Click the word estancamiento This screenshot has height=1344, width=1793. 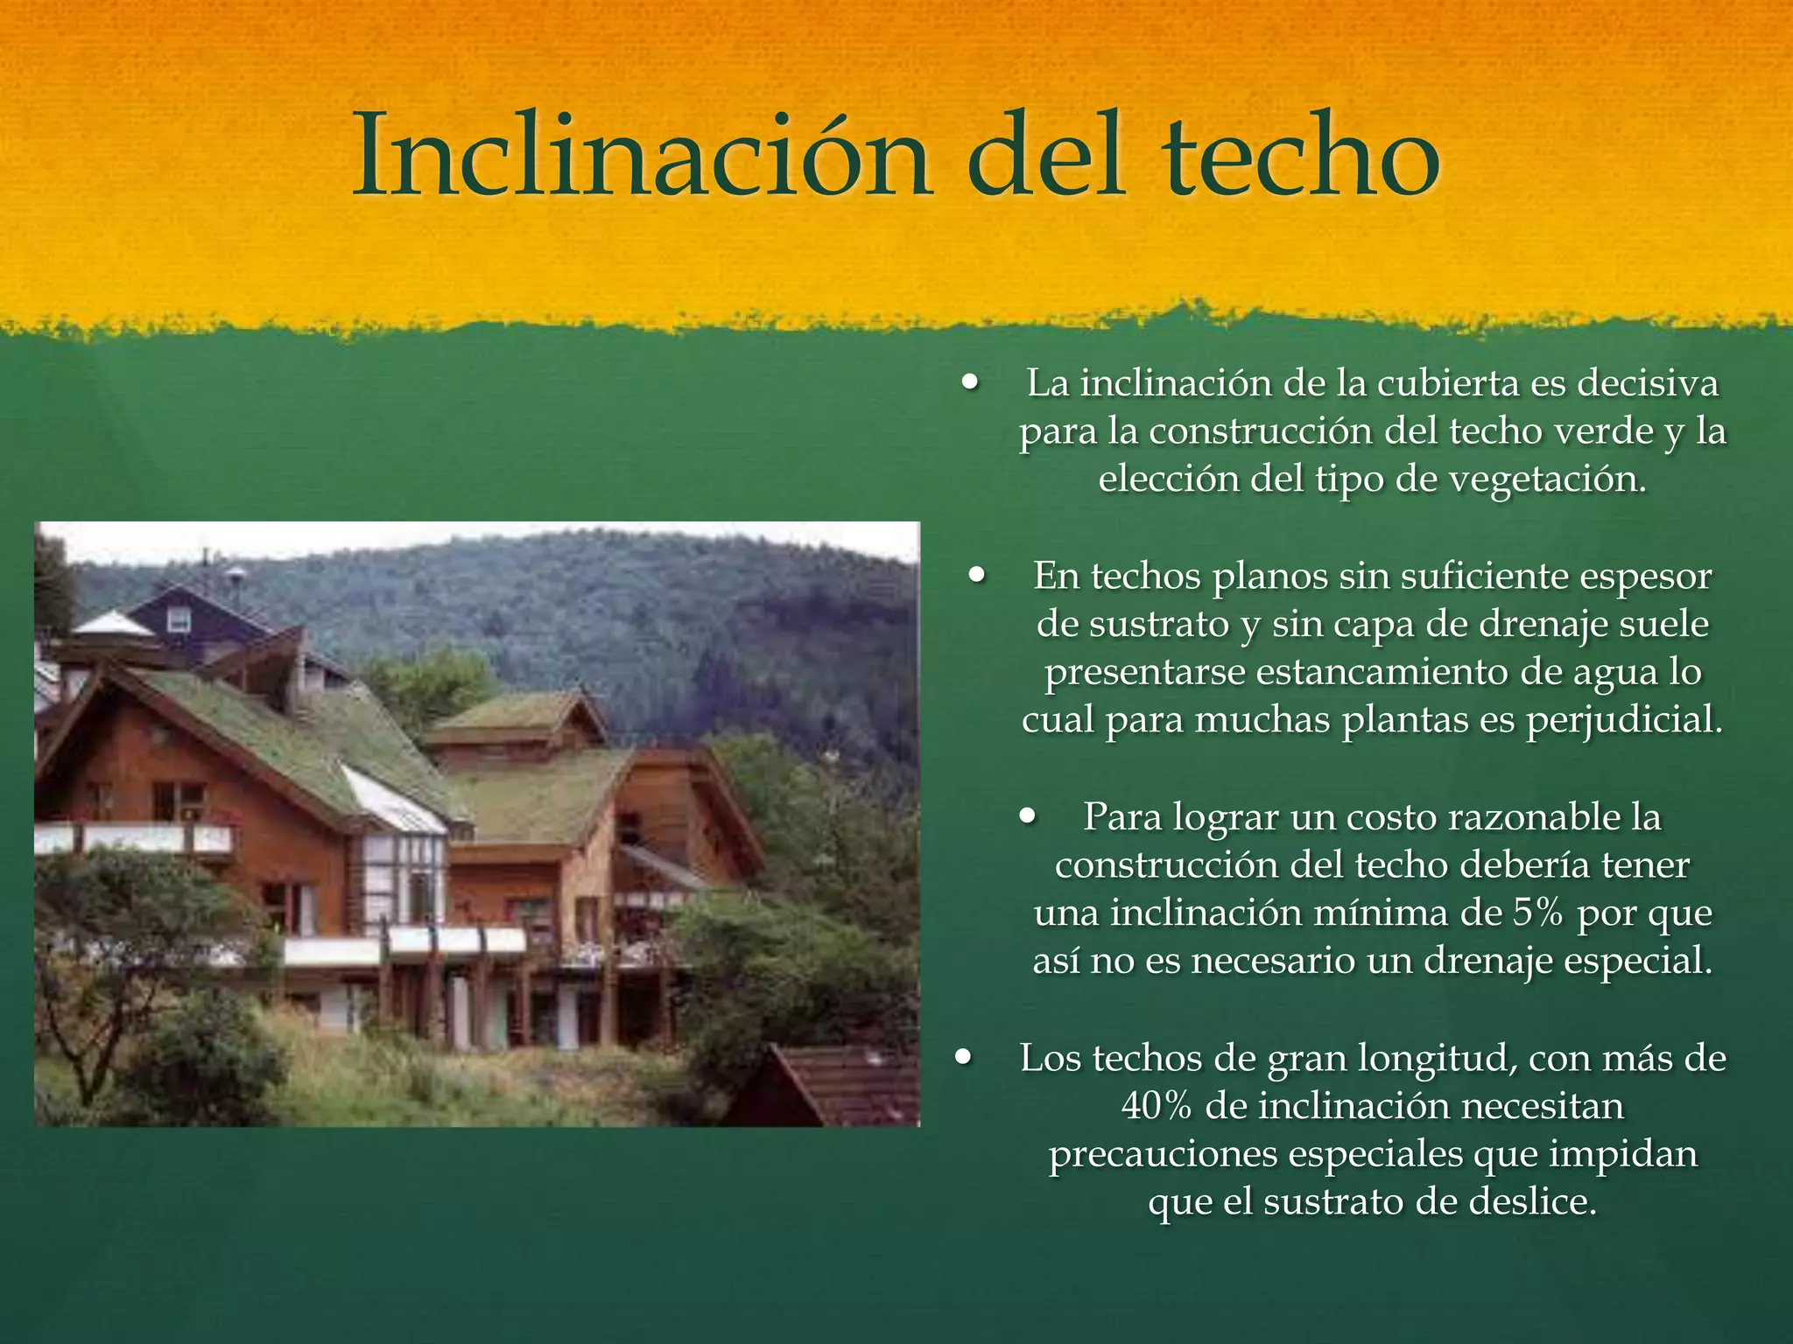pyautogui.click(x=1384, y=672)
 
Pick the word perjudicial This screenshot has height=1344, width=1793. pyautogui.click(x=1624, y=720)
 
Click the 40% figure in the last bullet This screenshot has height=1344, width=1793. pyautogui.click(x=1157, y=1106)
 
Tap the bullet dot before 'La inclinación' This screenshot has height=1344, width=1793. pyautogui.click(x=969, y=382)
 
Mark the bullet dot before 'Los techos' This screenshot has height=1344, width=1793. pyautogui.click(x=964, y=1057)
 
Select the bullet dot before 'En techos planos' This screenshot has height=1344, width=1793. pyautogui.click(x=977, y=576)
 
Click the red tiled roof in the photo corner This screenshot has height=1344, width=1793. pyautogui.click(x=840, y=1085)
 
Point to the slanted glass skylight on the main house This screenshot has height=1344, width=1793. pyautogui.click(x=394, y=798)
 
